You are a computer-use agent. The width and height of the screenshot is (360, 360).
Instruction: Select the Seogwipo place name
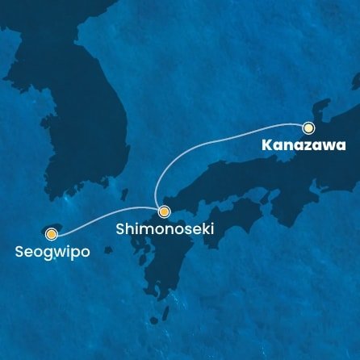coord(52,252)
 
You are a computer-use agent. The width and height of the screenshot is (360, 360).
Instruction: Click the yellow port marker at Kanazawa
coord(308,128)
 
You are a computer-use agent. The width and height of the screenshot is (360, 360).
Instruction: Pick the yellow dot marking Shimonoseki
coord(164,212)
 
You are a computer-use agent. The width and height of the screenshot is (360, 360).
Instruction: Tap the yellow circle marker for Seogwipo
coord(52,235)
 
